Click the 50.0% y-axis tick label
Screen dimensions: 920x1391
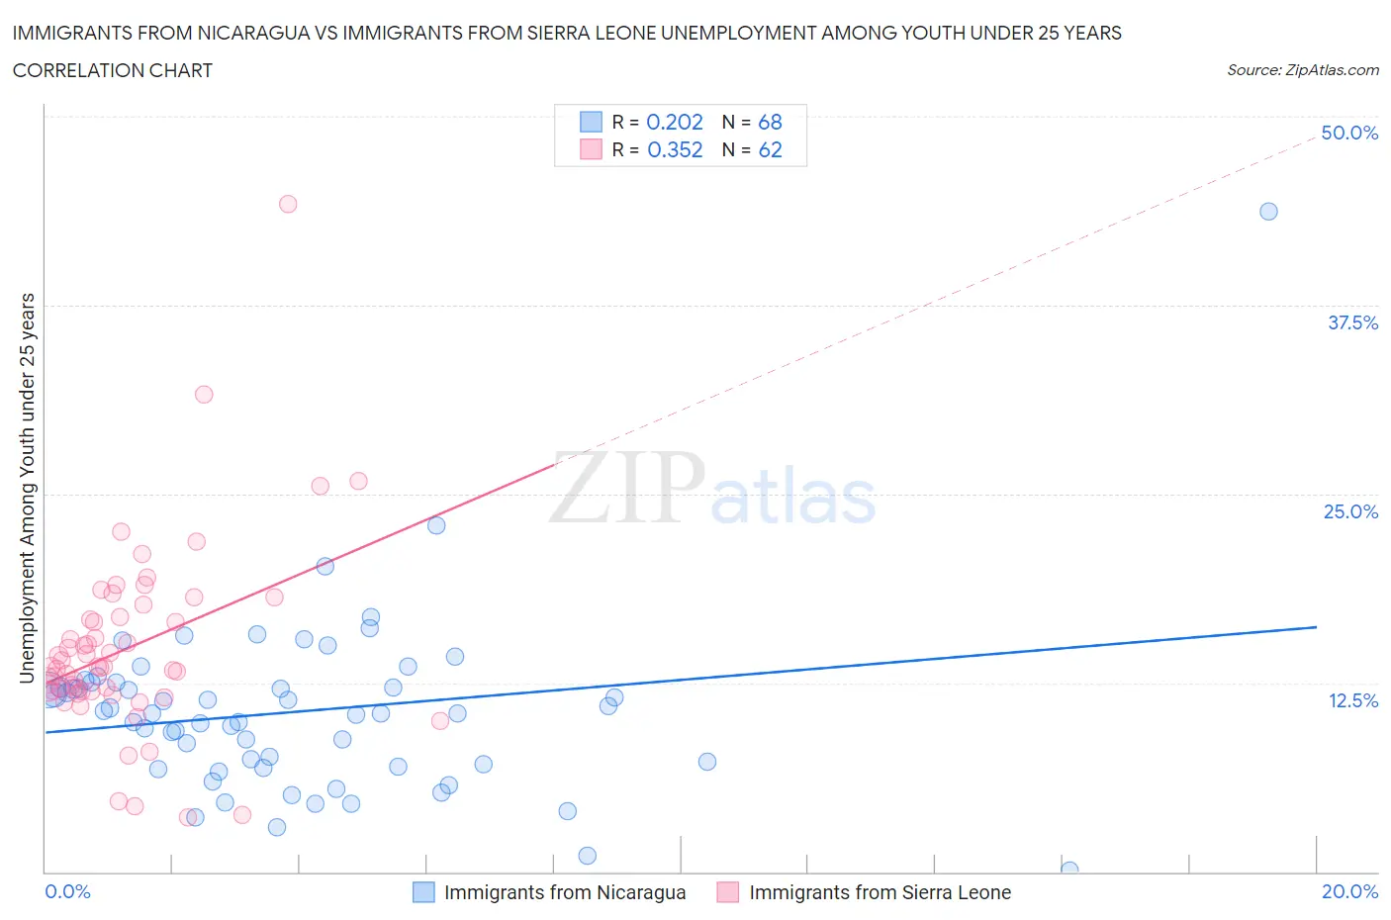pos(1349,133)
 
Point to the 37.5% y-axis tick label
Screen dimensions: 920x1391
pos(1352,322)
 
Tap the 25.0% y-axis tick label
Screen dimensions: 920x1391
pos(1350,511)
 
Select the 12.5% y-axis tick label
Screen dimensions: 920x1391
pos(1352,700)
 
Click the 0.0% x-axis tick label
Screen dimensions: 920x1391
pos(67,891)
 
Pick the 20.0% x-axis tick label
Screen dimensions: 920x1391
pos(1349,891)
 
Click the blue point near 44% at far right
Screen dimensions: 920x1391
pos(1268,212)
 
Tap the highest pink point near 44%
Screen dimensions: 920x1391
pos(288,204)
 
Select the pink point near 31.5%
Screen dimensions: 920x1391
pos(204,394)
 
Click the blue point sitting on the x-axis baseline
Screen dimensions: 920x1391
pos(1069,870)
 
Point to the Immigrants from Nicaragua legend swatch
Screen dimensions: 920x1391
pos(423,892)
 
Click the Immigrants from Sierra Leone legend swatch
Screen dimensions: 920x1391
pos(728,892)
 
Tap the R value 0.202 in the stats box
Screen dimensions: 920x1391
pos(675,122)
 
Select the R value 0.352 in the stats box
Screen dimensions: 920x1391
pos(675,149)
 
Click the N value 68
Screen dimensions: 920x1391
pos(770,122)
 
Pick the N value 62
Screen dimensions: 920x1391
pos(770,149)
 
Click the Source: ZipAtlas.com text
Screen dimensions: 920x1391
pos(1302,70)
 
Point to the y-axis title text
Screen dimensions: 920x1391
pos(28,488)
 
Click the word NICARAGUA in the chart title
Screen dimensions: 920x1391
pos(249,33)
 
